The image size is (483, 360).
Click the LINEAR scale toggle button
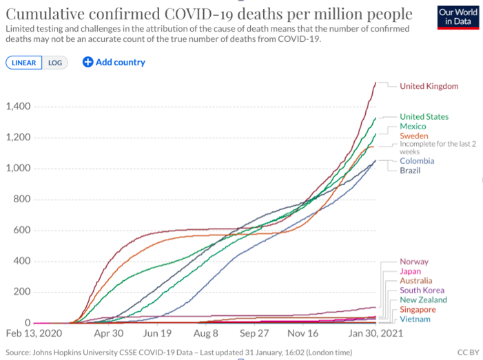point(24,63)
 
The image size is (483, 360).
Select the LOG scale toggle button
point(54,63)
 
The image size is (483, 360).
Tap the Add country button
point(114,62)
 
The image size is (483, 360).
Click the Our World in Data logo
point(457,17)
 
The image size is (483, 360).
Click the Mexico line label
point(413,127)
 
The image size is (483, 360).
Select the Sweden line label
point(414,136)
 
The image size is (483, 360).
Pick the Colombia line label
point(417,161)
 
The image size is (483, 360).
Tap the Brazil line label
point(411,170)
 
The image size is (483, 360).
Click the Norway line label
point(414,262)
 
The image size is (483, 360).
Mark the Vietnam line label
point(415,319)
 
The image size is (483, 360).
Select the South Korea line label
point(422,290)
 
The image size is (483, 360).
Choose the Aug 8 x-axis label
point(206,332)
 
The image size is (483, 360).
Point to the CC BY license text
point(466,352)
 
